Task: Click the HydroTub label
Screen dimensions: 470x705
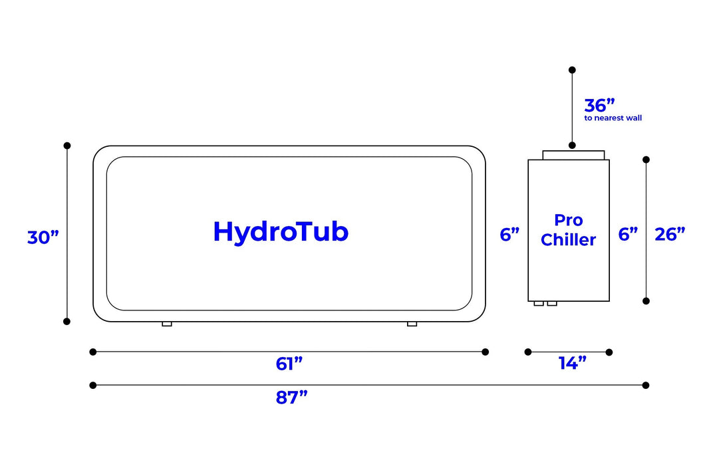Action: coord(281,232)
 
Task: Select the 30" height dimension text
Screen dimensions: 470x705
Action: coord(43,237)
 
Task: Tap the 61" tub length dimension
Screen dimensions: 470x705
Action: coord(289,364)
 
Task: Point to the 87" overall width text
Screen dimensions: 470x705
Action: coord(292,398)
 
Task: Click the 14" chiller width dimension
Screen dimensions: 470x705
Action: coord(572,363)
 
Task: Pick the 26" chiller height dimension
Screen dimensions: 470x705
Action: coord(670,234)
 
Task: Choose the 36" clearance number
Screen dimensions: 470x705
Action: coord(599,105)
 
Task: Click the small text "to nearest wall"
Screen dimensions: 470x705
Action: coord(613,118)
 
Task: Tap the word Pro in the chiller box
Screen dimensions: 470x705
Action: coord(568,220)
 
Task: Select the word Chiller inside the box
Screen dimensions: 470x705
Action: coord(568,240)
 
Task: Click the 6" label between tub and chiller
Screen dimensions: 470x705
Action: coord(509,234)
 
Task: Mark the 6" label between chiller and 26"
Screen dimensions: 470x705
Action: coord(628,234)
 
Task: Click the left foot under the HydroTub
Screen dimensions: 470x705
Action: coord(167,324)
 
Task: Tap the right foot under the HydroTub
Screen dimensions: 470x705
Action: coord(412,324)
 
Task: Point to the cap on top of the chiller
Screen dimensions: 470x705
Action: coord(573,155)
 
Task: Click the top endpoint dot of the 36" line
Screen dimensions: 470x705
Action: coord(572,69)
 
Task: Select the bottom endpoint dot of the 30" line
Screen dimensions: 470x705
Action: coord(67,321)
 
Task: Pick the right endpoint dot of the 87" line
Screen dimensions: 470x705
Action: coord(646,385)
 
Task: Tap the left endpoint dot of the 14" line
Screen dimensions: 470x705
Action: coord(528,352)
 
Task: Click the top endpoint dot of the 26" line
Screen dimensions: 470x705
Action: coord(646,160)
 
